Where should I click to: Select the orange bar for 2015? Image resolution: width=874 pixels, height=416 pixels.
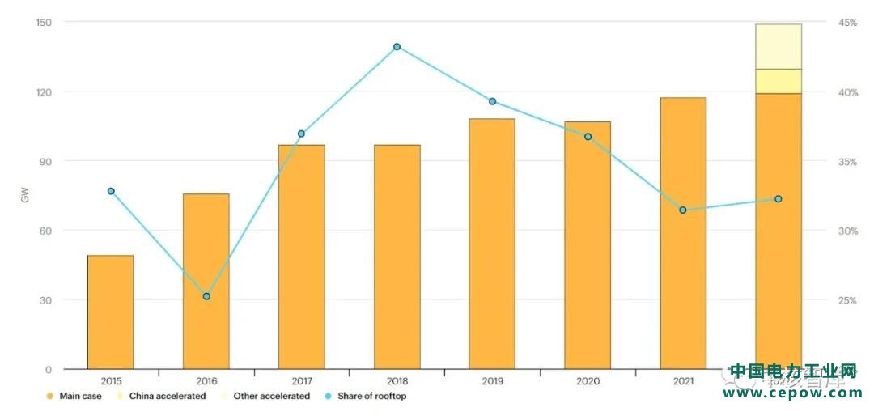110,312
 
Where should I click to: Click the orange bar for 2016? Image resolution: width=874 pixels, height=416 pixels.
206,281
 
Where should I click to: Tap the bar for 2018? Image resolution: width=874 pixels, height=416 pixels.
397,257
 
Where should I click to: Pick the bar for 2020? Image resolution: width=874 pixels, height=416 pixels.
588,245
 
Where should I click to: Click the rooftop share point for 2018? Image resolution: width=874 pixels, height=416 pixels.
397,47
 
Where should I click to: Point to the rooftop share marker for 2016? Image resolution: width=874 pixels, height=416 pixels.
206,296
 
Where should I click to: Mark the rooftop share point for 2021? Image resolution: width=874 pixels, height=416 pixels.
683,210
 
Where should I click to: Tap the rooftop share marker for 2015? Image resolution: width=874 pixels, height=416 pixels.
111,191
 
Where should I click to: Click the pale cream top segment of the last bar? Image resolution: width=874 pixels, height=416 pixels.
779,46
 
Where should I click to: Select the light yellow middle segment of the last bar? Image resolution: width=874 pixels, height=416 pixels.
779,81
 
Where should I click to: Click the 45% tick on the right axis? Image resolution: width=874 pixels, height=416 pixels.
847,23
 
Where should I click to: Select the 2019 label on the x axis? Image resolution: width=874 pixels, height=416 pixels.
492,380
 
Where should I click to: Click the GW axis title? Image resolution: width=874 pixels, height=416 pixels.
24,196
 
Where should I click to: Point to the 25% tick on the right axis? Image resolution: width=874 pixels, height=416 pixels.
847,300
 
